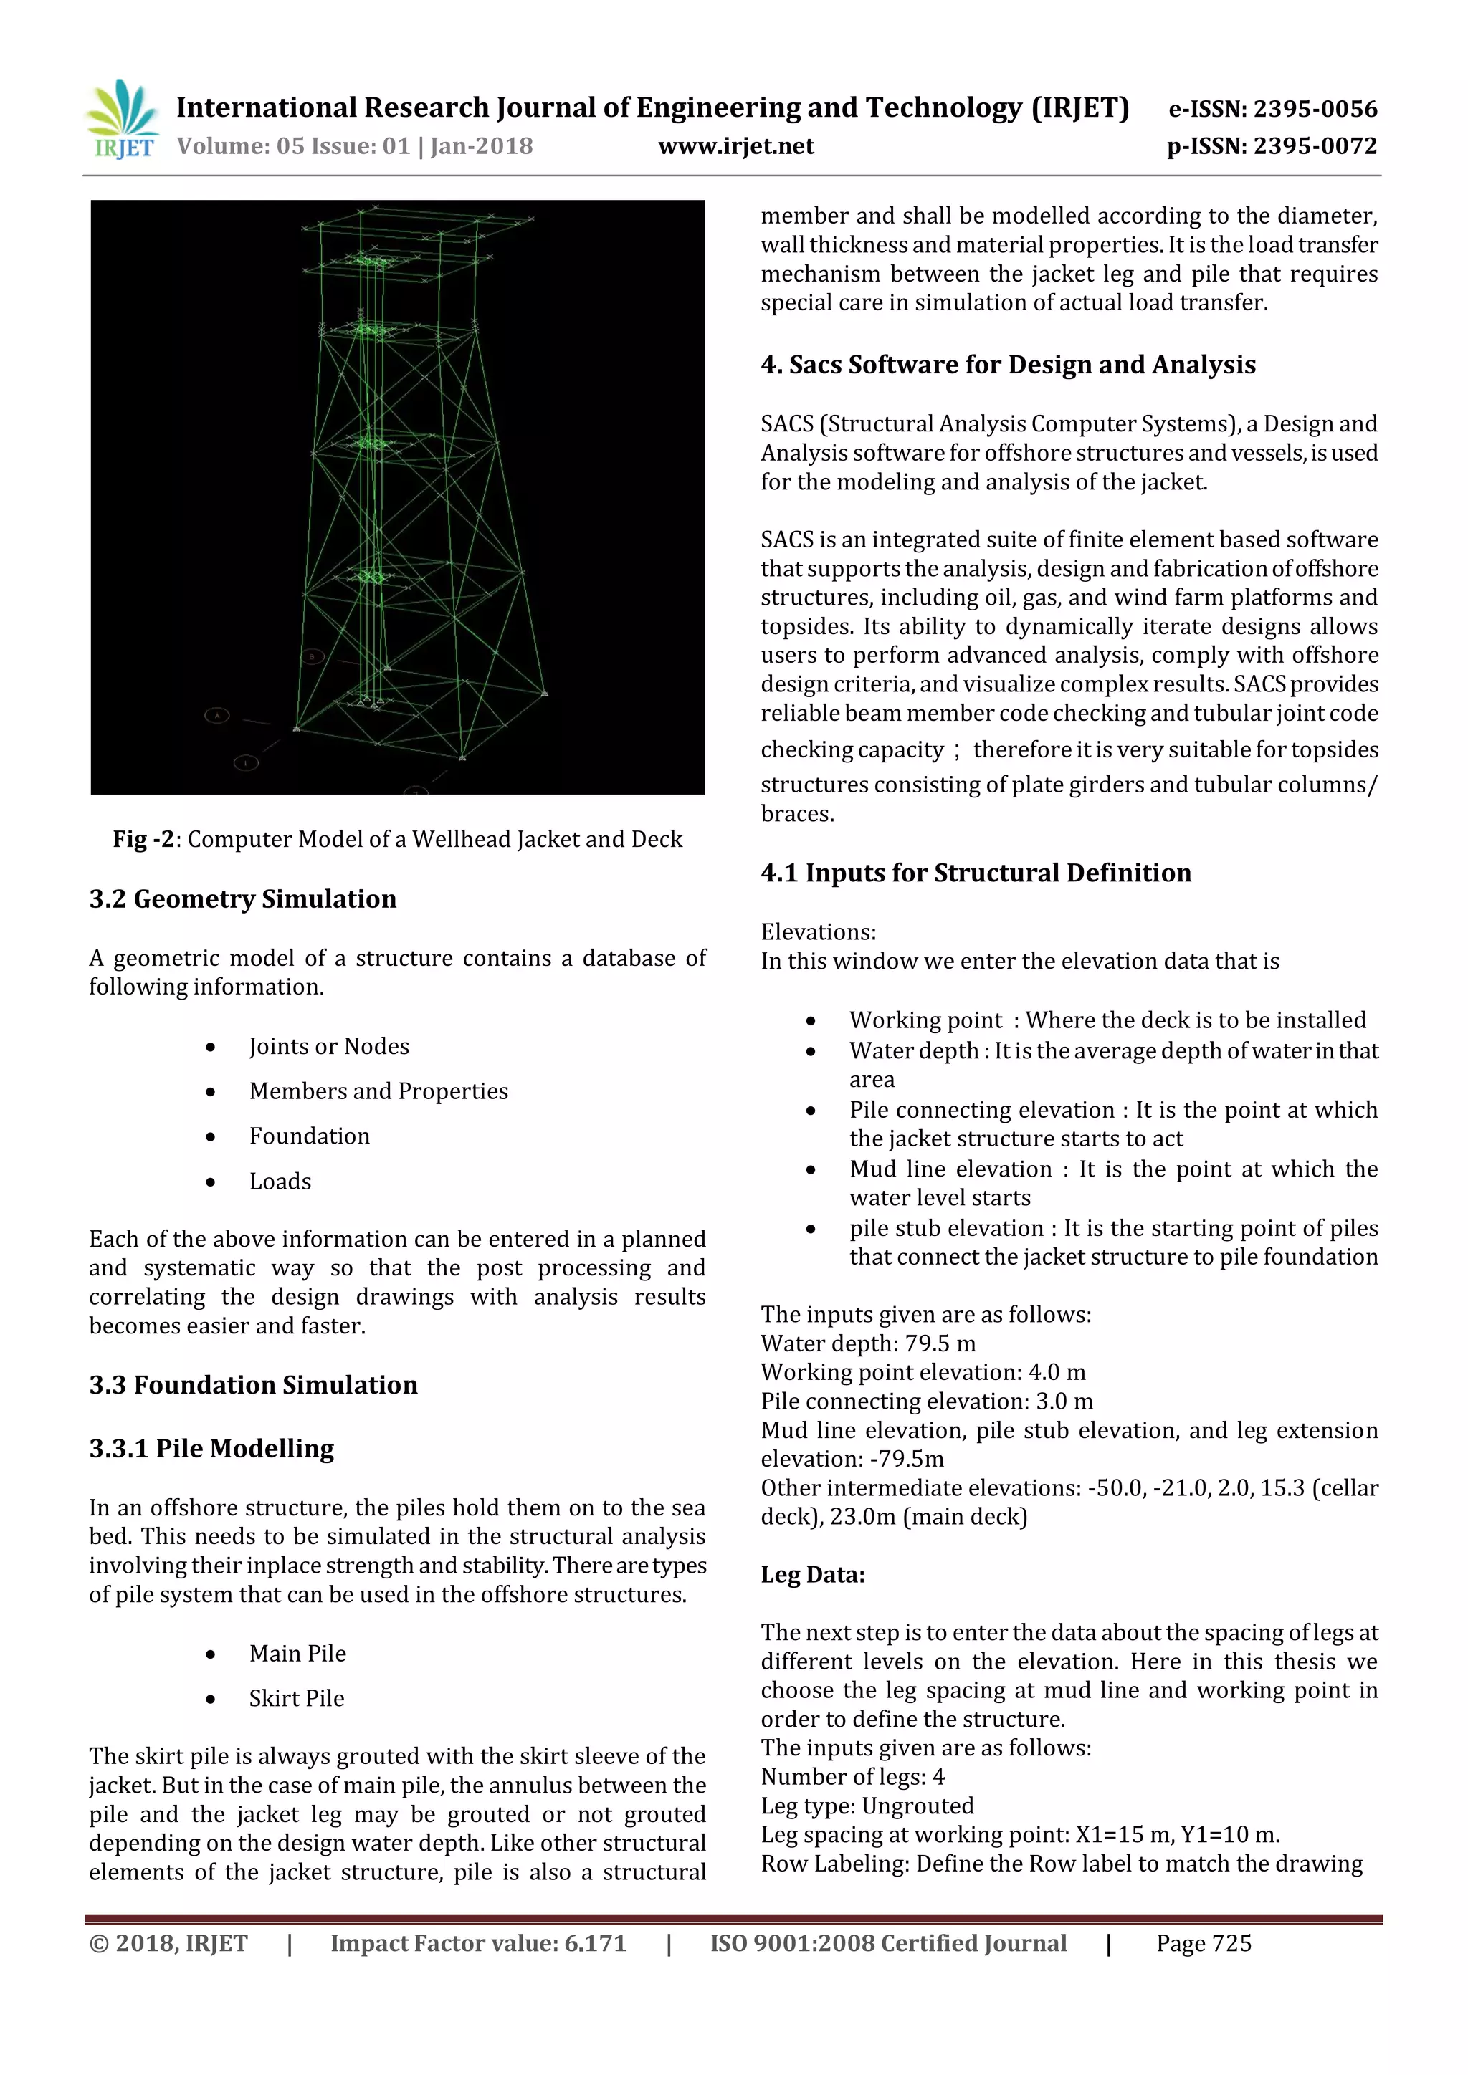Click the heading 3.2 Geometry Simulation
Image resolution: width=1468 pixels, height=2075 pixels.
(x=242, y=899)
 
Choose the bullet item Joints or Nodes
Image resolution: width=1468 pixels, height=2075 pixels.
(x=329, y=1047)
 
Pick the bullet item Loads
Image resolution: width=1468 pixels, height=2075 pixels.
(x=280, y=1182)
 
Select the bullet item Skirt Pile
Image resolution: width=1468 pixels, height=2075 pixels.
(x=297, y=1698)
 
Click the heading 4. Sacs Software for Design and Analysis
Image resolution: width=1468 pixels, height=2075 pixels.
(x=1008, y=365)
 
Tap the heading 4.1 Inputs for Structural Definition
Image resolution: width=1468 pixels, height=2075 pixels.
(x=976, y=873)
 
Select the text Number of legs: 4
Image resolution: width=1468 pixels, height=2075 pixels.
(x=852, y=1777)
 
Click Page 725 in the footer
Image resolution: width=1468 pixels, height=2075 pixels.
(x=1204, y=1943)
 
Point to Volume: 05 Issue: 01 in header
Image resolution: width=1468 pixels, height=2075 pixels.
(x=294, y=146)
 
